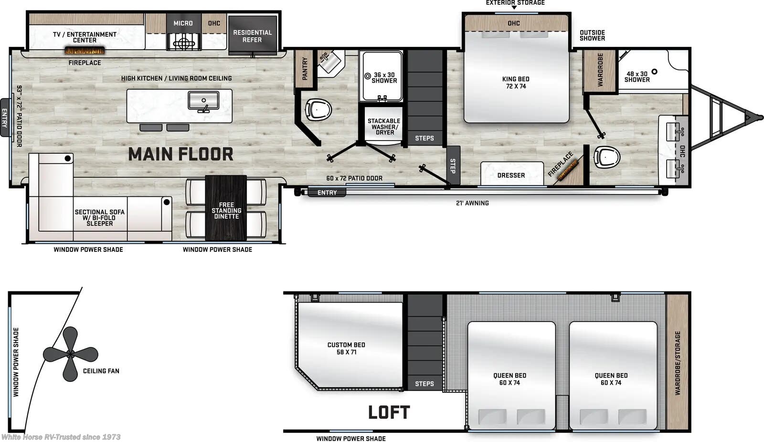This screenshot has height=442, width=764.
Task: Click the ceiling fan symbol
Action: pos(70,354)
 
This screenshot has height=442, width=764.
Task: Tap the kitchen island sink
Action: pos(203,101)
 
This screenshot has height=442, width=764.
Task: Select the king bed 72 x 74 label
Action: pos(516,83)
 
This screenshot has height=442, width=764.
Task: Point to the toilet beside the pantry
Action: pos(318,109)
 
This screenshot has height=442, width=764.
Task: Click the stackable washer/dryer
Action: pos(384,127)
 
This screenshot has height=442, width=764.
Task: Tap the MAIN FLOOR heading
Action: pos(180,154)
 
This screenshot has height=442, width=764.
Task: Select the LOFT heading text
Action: pos(389,412)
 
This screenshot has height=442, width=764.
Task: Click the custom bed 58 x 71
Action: pos(346,348)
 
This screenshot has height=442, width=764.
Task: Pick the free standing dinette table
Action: pos(226,208)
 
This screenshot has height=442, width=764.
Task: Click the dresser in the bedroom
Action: pos(511,174)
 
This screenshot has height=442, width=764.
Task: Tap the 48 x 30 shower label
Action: pos(637,76)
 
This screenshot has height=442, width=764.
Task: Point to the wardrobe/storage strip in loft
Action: pos(677,362)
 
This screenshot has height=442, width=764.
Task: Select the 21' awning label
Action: pos(472,203)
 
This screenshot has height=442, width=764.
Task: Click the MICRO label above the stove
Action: pos(183,23)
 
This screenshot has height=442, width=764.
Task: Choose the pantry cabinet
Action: pos(305,69)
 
